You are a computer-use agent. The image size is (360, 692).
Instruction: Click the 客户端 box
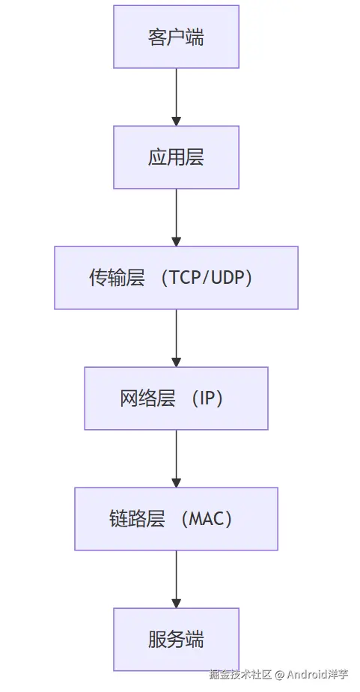(x=176, y=37)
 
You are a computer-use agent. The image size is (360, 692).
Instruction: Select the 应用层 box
(x=176, y=157)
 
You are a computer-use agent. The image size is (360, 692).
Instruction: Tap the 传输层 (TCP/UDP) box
(x=176, y=278)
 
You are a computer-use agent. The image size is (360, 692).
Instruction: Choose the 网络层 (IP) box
(x=176, y=398)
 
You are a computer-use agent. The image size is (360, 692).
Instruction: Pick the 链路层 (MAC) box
(x=176, y=519)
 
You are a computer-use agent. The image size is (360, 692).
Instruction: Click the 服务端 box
(x=176, y=640)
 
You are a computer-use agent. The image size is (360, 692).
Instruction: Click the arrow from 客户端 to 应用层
(x=176, y=94)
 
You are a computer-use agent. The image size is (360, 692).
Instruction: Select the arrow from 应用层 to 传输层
(x=176, y=214)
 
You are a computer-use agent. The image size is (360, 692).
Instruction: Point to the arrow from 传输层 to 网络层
(x=176, y=335)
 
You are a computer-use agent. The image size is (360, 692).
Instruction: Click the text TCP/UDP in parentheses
(x=210, y=278)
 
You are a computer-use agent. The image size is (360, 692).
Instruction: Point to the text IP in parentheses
(x=207, y=398)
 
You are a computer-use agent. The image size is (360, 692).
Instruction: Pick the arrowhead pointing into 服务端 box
(x=176, y=603)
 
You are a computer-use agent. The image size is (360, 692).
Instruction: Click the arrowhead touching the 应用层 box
(x=176, y=121)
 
